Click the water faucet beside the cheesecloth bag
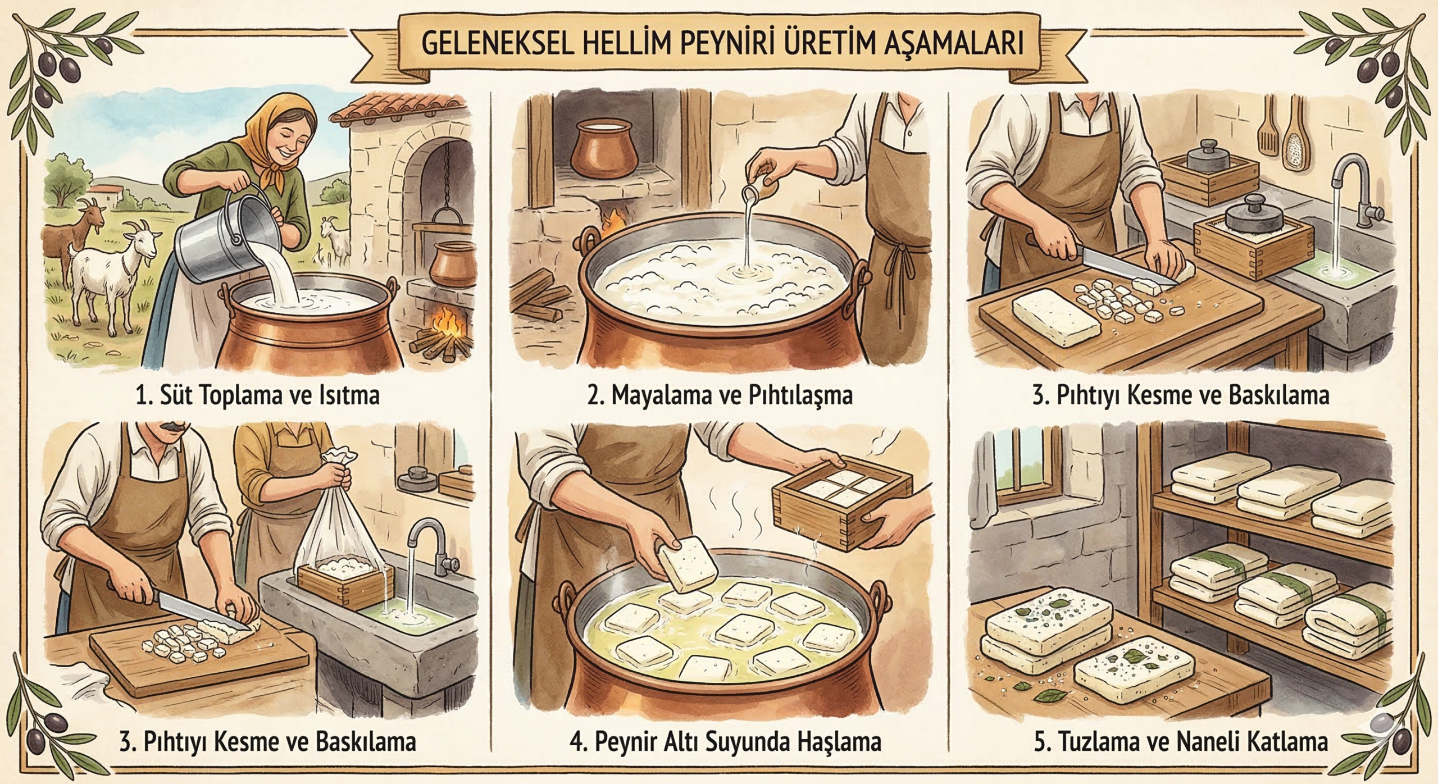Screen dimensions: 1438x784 pyautogui.click(x=426, y=541)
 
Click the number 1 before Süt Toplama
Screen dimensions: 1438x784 pyautogui.click(x=140, y=395)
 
